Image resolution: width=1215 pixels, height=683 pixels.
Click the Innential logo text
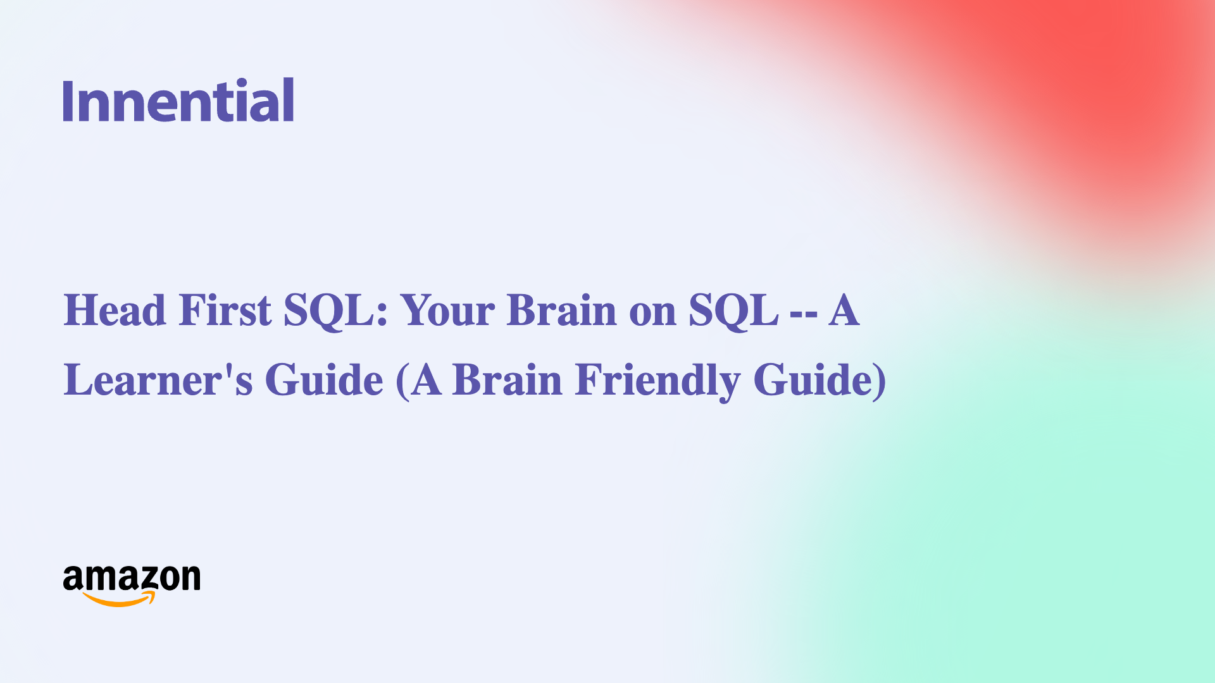pos(178,101)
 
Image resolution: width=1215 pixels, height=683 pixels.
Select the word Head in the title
pos(115,311)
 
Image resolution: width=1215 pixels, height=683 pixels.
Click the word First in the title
pos(225,311)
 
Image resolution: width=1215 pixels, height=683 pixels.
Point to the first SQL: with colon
pos(335,311)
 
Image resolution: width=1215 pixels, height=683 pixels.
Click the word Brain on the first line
pos(561,311)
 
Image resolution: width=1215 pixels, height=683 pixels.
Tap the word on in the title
pos(652,312)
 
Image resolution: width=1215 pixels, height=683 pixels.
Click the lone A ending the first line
pos(844,311)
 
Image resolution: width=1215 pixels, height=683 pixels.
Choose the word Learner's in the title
pos(158,380)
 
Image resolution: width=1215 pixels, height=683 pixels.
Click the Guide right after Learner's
pos(324,380)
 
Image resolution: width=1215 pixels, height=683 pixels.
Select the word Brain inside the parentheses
pos(507,380)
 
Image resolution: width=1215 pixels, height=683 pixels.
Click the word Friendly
pos(657,380)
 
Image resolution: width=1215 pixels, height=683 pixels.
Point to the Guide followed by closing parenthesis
pos(813,380)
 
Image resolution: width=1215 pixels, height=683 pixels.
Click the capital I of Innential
pos(68,101)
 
